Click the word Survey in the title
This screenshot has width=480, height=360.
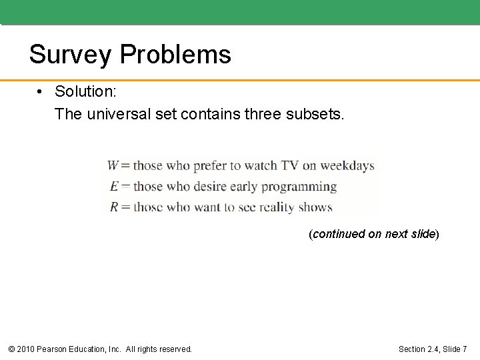click(70, 54)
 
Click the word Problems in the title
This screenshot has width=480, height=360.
click(175, 54)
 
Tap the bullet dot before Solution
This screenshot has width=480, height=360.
click(41, 90)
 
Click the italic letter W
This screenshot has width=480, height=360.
click(113, 166)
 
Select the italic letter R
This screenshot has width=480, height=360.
click(114, 207)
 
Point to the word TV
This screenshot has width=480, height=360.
click(288, 166)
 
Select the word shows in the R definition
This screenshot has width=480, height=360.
click(316, 207)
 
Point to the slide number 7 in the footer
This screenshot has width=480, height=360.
click(465, 349)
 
